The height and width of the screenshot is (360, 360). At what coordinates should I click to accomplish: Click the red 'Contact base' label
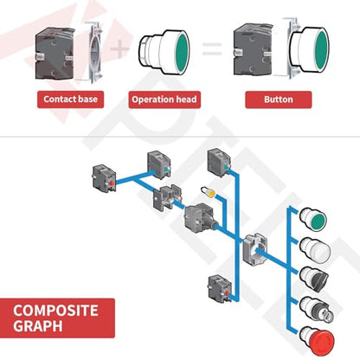click(x=70, y=100)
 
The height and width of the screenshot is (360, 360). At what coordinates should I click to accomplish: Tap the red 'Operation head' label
click(x=164, y=100)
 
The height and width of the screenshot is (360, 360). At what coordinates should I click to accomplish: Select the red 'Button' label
click(x=279, y=100)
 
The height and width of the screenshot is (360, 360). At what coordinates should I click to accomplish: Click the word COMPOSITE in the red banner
click(x=55, y=311)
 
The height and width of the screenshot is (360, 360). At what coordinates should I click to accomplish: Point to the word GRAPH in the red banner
click(x=38, y=326)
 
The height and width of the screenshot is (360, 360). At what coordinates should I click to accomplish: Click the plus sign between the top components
click(x=119, y=48)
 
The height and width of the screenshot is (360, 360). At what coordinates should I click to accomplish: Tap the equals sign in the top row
click(x=212, y=48)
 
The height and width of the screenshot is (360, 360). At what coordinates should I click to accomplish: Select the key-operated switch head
click(x=314, y=310)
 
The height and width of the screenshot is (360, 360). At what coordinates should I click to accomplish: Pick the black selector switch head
click(x=314, y=280)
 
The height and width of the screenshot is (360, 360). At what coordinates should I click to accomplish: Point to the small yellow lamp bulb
click(x=208, y=191)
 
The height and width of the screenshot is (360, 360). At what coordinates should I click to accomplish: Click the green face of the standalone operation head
click(x=183, y=51)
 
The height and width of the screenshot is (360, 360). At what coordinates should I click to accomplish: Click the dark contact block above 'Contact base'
click(x=55, y=54)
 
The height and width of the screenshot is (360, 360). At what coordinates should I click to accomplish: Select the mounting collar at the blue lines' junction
click(x=254, y=248)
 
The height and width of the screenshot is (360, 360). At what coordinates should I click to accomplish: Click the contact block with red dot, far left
click(x=105, y=179)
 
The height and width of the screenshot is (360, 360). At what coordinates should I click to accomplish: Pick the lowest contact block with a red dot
click(x=220, y=289)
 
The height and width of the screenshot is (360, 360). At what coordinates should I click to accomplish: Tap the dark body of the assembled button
click(x=252, y=51)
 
